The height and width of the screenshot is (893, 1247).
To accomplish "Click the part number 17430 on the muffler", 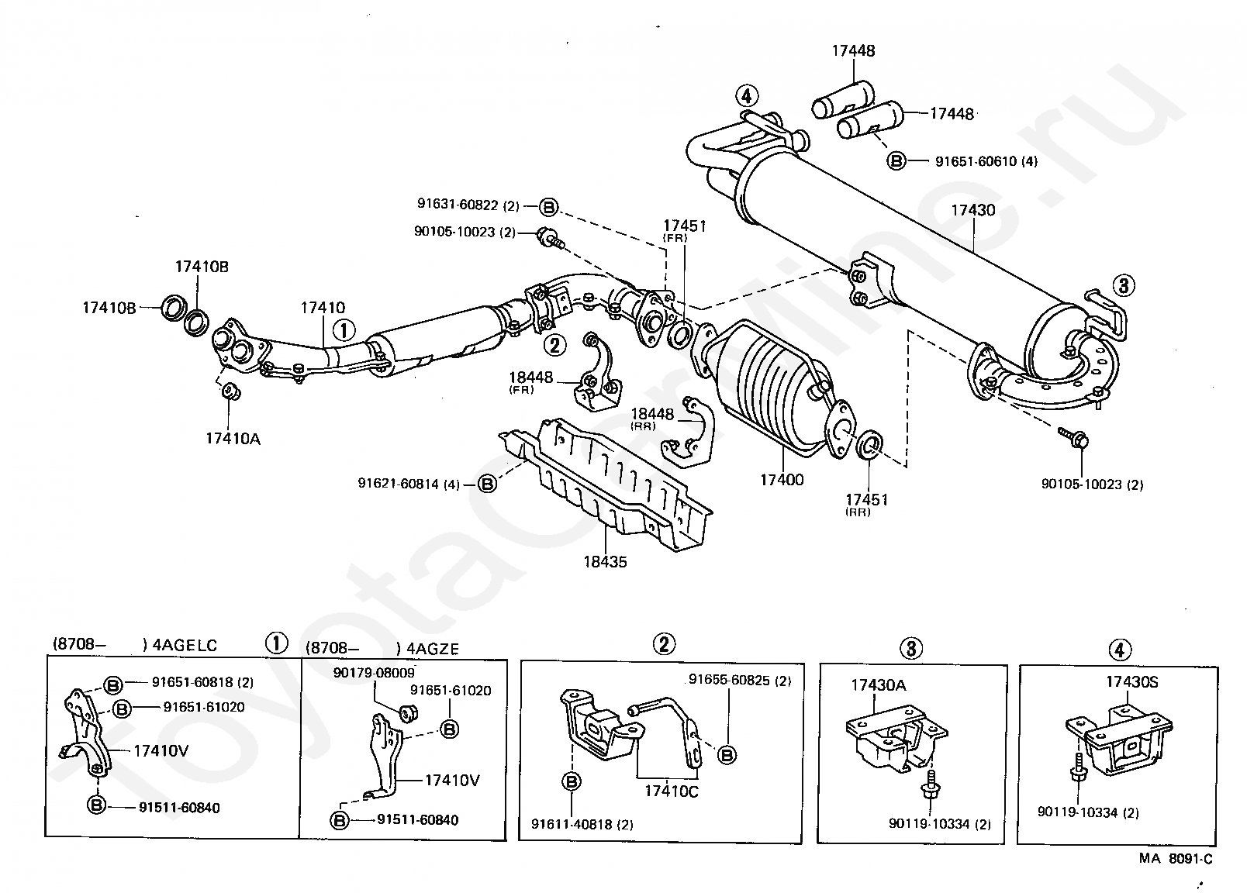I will click(x=972, y=211).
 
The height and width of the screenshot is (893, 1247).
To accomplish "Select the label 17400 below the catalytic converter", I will click(x=782, y=480).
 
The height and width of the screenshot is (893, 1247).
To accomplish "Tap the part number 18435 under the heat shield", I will click(x=605, y=561).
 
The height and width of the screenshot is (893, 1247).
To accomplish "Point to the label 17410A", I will click(x=233, y=439).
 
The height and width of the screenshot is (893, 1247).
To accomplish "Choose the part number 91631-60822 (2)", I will click(x=468, y=206).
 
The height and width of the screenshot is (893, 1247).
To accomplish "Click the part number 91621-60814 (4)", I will click(x=409, y=484).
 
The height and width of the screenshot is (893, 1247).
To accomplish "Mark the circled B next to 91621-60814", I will click(x=486, y=484).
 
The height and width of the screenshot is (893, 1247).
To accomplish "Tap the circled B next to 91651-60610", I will click(x=896, y=161).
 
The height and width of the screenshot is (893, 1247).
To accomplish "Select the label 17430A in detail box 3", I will click(x=878, y=685).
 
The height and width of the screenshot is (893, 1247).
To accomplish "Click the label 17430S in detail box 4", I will click(x=1131, y=682).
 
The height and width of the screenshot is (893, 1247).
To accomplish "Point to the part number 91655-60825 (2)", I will click(x=740, y=681).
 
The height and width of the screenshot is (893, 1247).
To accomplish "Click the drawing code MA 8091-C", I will click(x=1174, y=858).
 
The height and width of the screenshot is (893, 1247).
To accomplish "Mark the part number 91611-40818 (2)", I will click(x=582, y=825).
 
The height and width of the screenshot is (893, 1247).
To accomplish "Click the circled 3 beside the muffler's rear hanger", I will click(x=1123, y=285).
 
